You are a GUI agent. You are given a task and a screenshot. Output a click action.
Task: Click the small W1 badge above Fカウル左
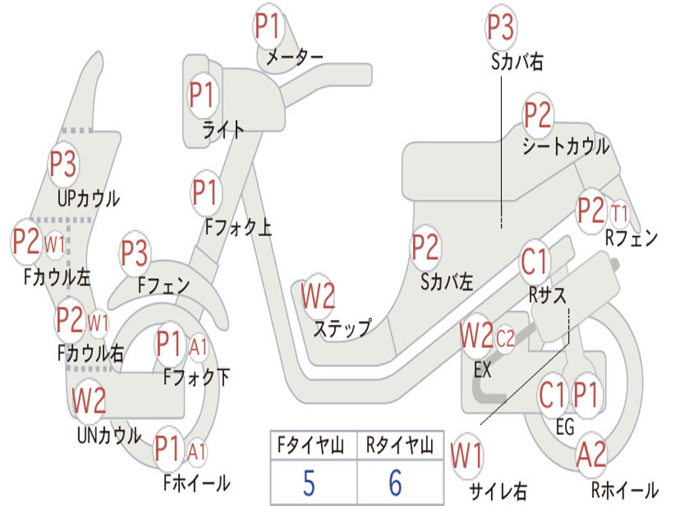pos(55,244)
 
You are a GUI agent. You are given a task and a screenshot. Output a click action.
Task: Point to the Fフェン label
pos(164,286)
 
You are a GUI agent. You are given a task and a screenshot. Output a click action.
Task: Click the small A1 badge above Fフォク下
pos(198,346)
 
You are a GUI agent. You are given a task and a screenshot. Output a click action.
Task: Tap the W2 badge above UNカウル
pos(89,400)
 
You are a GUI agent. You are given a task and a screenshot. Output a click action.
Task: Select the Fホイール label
pos(196,483)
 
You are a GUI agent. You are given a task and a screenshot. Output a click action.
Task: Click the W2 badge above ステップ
pos(318,296)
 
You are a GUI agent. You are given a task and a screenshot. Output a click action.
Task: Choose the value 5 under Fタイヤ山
pos(308,483)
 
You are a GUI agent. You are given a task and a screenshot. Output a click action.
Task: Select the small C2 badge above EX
pos(505,339)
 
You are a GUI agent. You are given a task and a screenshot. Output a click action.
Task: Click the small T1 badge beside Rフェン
pos(620,213)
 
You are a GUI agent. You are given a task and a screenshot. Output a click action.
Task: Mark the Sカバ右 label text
pos(517,63)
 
